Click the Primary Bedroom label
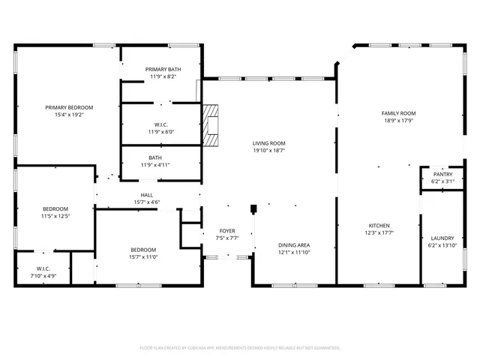click(x=68, y=107)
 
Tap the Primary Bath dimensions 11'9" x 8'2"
click(x=163, y=76)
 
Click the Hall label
click(x=146, y=195)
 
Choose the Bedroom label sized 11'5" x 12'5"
click(x=55, y=208)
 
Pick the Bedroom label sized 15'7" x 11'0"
click(x=143, y=250)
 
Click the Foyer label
click(x=227, y=230)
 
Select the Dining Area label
click(x=294, y=245)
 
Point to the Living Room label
click(x=268, y=143)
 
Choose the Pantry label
click(x=437, y=174)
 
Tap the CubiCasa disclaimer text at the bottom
click(x=240, y=348)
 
